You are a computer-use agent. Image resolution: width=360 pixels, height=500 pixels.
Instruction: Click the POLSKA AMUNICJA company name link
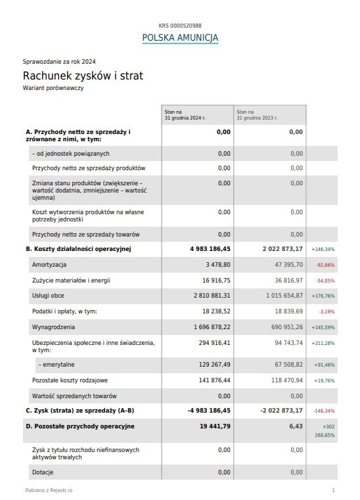[180, 37]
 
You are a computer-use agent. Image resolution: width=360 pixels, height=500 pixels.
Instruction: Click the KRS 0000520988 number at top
[180, 24]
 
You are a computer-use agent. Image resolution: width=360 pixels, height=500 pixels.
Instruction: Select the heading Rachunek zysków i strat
[83, 76]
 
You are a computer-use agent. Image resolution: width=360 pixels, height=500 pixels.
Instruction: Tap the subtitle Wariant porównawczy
[53, 87]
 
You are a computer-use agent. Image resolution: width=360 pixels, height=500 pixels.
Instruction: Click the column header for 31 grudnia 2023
[257, 115]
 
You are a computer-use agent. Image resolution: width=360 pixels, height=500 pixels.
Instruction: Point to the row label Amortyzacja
[49, 264]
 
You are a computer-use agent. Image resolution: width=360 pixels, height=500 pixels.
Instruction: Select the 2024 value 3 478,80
[217, 264]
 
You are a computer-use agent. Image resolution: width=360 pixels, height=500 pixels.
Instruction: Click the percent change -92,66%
[325, 265]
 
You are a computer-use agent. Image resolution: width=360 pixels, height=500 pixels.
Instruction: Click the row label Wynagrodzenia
[53, 327]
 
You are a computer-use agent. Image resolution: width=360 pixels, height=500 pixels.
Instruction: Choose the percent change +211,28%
[323, 343]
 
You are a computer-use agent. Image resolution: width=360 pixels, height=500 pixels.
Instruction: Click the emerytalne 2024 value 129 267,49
[214, 364]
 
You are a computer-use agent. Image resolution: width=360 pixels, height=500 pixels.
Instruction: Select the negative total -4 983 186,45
[209, 410]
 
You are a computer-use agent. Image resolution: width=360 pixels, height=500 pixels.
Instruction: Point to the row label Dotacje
[43, 472]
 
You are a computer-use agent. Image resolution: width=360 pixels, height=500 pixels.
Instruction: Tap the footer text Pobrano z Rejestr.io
[49, 490]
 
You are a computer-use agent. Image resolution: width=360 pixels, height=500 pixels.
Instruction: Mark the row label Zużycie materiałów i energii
[71, 280]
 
